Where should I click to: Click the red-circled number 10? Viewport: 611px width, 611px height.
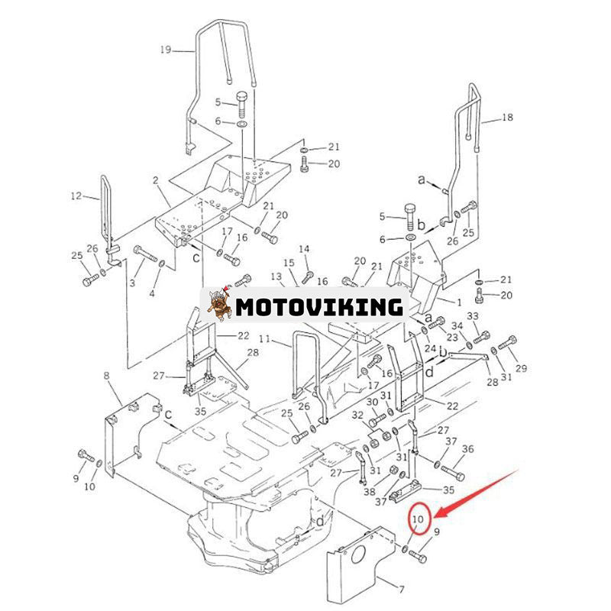417,522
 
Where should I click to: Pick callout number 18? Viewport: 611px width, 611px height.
508,118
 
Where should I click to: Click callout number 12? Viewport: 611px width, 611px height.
76,196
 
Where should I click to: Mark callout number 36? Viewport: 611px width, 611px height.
467,448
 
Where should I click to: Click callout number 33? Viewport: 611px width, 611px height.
473,315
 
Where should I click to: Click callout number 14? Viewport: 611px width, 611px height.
304,249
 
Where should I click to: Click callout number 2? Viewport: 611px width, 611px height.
155,180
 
